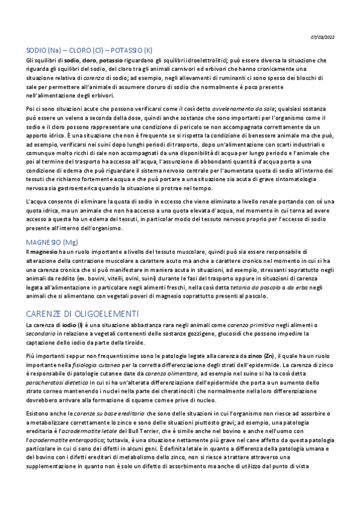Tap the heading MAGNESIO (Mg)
52,242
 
